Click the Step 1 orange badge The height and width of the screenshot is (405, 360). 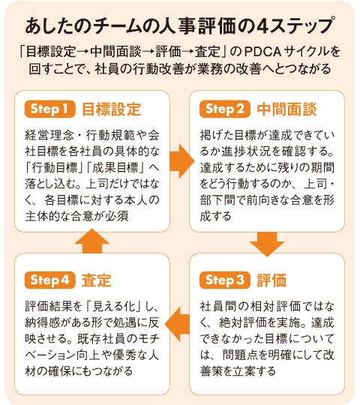point(49,109)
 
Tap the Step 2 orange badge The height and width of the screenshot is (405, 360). point(225,109)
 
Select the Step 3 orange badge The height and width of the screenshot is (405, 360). point(225,280)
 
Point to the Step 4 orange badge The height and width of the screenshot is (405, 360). point(49,280)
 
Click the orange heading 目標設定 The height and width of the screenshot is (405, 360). point(112,109)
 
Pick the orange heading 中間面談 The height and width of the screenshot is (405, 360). point(286,109)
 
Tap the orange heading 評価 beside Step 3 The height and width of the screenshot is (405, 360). point(271,280)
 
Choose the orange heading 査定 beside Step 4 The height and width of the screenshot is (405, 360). point(97,280)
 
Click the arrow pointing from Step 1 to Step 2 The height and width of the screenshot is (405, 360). point(181,161)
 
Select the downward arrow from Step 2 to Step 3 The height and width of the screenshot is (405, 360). point(267,244)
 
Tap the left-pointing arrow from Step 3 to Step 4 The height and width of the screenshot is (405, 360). point(177,324)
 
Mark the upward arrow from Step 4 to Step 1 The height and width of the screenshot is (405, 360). point(92,241)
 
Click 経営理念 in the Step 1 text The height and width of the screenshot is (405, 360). point(49,135)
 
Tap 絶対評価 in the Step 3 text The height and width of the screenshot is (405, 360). point(244,322)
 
